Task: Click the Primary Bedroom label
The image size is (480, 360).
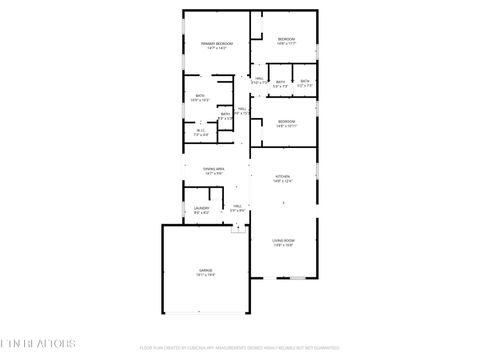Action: pos(215,44)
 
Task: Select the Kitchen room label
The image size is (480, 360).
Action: pos(283,177)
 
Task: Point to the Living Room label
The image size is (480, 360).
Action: pos(284,240)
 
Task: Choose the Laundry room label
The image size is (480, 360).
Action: pos(201,208)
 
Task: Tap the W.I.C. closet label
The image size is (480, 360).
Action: pos(201,130)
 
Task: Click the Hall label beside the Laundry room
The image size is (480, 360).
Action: pos(238,206)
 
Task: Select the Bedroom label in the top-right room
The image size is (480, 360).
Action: pos(286,39)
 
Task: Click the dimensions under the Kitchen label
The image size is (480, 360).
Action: pos(283,182)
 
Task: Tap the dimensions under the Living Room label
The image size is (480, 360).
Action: pos(284,245)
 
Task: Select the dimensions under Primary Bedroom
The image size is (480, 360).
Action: pos(215,49)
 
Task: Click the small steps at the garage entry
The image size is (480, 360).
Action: pos(237,228)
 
